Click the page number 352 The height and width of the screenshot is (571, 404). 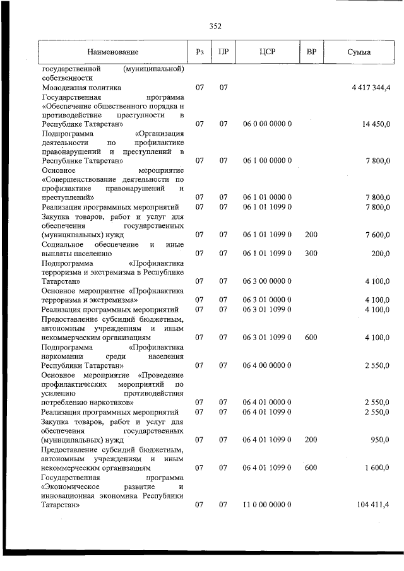click(x=215, y=26)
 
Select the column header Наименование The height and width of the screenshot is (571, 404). click(x=113, y=52)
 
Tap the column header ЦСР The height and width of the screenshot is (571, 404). click(x=268, y=52)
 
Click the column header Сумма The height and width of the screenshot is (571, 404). click(x=359, y=52)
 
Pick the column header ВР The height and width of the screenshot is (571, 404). click(x=311, y=52)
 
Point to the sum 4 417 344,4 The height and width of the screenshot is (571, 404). click(x=371, y=88)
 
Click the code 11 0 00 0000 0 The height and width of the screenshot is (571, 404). click(x=268, y=505)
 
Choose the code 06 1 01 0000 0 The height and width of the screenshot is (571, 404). click(x=268, y=198)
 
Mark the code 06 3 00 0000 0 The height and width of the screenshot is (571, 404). click(x=268, y=281)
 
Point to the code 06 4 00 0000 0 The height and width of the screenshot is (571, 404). click(x=268, y=365)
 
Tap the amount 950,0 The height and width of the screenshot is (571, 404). click(x=380, y=440)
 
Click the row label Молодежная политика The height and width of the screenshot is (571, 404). click(x=81, y=88)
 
